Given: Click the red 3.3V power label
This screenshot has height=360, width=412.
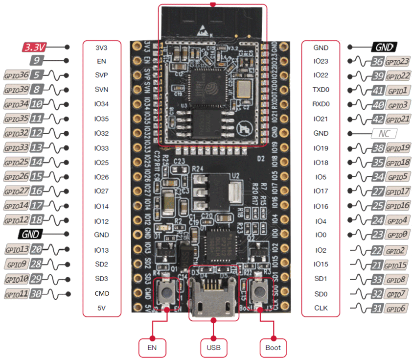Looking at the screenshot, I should [35, 47].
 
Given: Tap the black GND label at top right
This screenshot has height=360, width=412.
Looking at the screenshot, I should [384, 47].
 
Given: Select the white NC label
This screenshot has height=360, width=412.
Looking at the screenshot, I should [384, 133].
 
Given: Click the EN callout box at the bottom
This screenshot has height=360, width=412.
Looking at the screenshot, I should [153, 348].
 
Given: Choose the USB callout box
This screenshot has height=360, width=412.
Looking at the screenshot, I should [213, 348].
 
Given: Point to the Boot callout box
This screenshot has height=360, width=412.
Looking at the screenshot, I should [273, 348].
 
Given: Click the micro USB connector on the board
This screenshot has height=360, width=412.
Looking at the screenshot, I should [213, 297].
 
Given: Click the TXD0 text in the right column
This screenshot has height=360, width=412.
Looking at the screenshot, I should [321, 90].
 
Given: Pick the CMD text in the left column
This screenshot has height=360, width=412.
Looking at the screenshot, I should [102, 294].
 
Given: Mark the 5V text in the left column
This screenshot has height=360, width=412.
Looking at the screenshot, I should [102, 309].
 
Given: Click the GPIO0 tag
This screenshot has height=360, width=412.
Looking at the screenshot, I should [397, 235].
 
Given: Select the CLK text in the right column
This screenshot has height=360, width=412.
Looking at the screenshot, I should [321, 309].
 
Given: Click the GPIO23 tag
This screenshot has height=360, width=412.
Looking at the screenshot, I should [397, 62].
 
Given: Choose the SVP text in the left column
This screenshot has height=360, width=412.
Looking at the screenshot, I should [102, 75].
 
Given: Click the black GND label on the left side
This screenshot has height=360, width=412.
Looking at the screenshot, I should [30, 234].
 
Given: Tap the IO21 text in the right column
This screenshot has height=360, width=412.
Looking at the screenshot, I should [321, 119].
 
